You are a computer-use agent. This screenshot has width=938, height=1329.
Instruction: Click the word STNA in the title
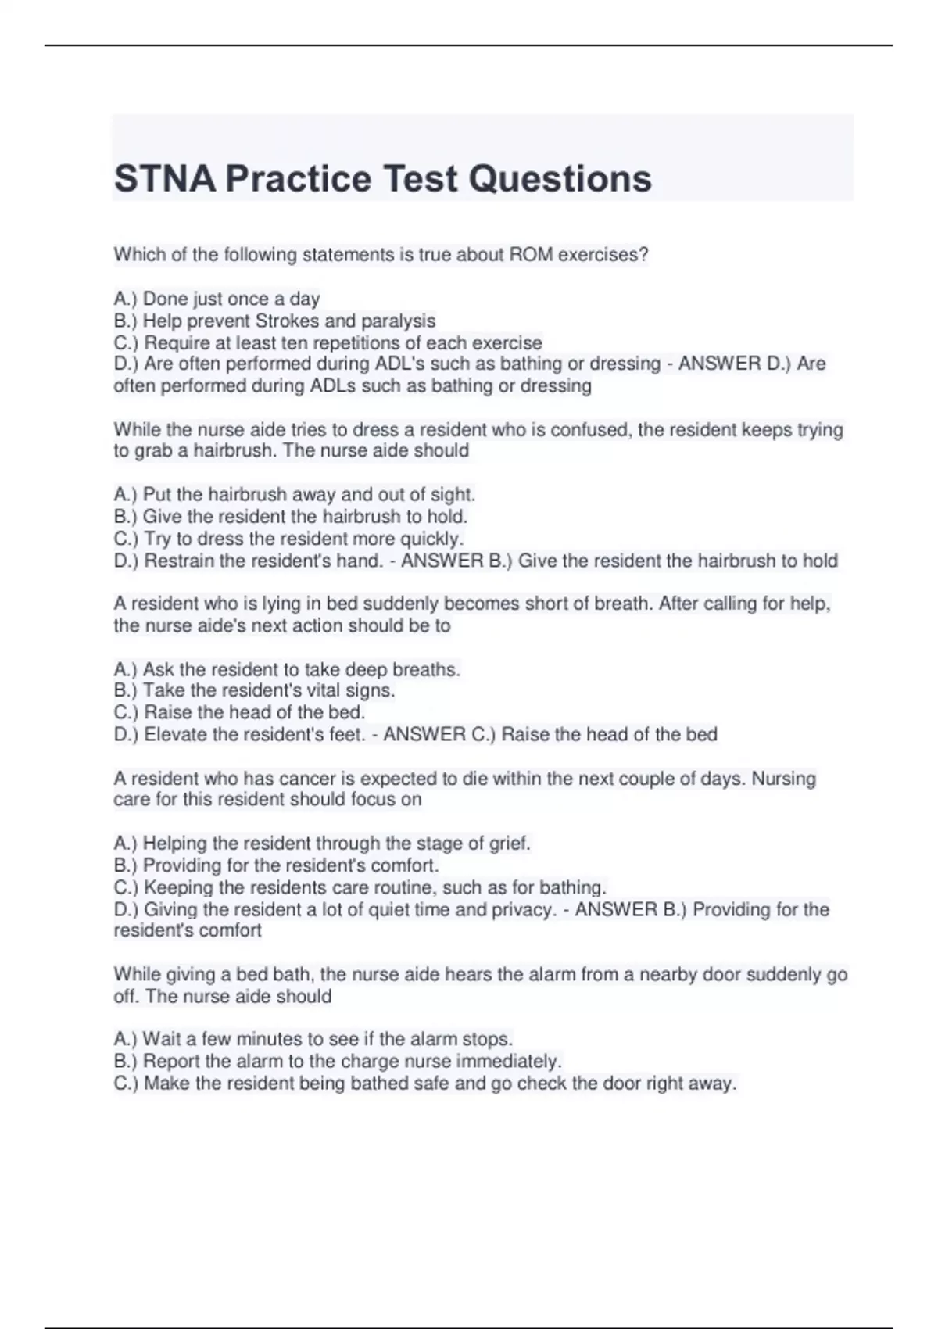[x=165, y=178]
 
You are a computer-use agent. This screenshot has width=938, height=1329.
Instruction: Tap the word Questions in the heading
[x=560, y=178]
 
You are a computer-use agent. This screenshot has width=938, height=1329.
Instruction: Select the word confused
[x=593, y=429]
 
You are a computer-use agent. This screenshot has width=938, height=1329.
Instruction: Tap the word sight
[x=453, y=494]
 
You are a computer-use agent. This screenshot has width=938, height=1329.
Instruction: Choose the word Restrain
[x=181, y=561]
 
